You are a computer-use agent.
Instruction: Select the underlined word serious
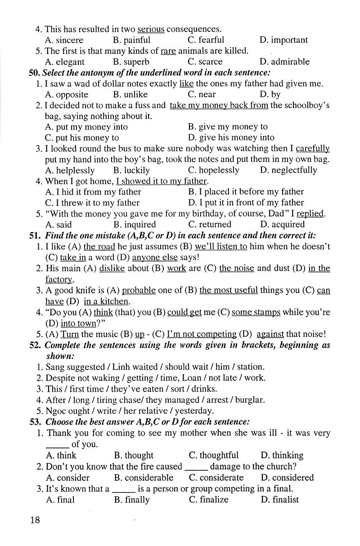pos(151,29)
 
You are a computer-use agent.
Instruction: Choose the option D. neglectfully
pos(288,170)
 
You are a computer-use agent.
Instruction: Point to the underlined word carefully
pos(313,149)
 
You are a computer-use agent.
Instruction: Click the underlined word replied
pos(310,214)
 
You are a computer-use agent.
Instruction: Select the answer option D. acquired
pos(282,225)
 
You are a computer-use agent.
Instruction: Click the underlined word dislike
pos(112,268)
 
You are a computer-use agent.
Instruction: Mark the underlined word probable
pos(139,290)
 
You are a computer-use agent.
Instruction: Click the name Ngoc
pos(57,411)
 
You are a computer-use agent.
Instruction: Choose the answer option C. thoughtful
pos(214,455)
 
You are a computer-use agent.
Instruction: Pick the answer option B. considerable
pos(144,478)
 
